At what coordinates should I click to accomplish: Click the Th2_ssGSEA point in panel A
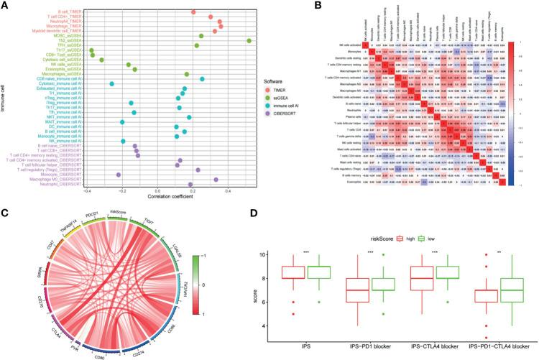pyautogui.click(x=249, y=41)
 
